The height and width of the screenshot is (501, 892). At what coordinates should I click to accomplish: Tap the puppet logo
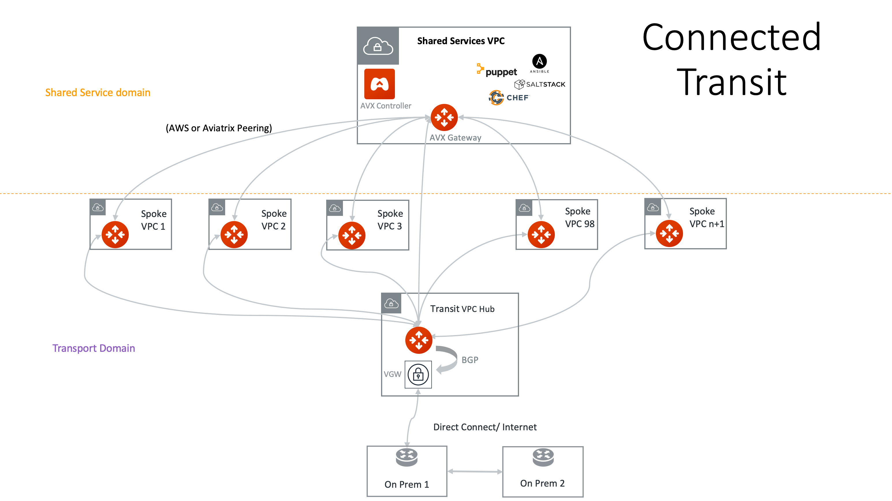pyautogui.click(x=497, y=71)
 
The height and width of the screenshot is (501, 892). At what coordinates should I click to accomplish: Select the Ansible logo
pyautogui.click(x=540, y=63)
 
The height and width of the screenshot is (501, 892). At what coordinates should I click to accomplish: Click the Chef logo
pyautogui.click(x=509, y=98)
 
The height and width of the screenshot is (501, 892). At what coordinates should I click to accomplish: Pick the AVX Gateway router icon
pyautogui.click(x=444, y=117)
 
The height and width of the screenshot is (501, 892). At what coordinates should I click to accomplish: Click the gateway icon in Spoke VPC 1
pyautogui.click(x=115, y=235)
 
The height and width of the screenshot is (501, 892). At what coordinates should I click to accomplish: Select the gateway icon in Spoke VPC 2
pyautogui.click(x=234, y=235)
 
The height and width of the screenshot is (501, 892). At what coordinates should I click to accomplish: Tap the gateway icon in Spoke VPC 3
pyautogui.click(x=352, y=235)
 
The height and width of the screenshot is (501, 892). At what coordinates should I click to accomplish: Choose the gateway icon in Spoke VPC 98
pyautogui.click(x=541, y=235)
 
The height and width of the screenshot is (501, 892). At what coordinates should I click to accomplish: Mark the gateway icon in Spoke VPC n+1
pyautogui.click(x=669, y=234)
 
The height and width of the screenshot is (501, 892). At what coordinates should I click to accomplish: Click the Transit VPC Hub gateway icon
pyautogui.click(x=419, y=340)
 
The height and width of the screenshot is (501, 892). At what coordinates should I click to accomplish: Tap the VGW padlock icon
pyautogui.click(x=418, y=374)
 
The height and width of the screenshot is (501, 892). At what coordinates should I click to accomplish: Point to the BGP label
pyautogui.click(x=470, y=360)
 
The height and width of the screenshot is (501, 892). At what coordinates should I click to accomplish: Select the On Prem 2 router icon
pyautogui.click(x=543, y=457)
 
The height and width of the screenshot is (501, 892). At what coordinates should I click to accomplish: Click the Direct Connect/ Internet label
pyautogui.click(x=485, y=427)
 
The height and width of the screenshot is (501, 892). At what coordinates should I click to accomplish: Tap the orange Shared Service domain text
pyautogui.click(x=98, y=92)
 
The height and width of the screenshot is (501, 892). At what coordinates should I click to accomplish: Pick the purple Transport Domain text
pyautogui.click(x=94, y=348)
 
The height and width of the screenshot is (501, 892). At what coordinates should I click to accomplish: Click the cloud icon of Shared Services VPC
pyautogui.click(x=378, y=46)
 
